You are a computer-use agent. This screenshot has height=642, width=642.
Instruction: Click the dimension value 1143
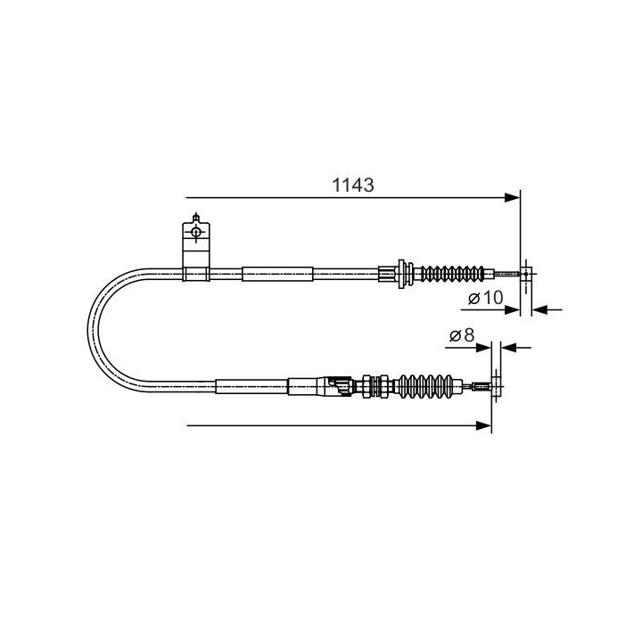click(x=352, y=185)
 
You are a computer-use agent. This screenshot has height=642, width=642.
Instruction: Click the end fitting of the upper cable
click(x=527, y=273)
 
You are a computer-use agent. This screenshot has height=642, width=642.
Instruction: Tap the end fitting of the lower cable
click(x=496, y=387)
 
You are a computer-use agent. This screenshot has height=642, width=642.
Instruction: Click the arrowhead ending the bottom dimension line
click(x=485, y=426)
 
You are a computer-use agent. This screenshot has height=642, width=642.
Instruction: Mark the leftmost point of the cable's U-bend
click(x=91, y=330)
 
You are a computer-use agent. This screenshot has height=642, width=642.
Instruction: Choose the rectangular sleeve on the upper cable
click(x=278, y=273)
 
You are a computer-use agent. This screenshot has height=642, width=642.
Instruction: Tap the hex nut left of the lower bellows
click(x=366, y=387)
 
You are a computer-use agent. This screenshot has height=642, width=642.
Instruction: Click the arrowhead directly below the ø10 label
click(x=514, y=309)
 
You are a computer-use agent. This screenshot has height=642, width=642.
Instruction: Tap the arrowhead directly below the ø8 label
click(x=485, y=348)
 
